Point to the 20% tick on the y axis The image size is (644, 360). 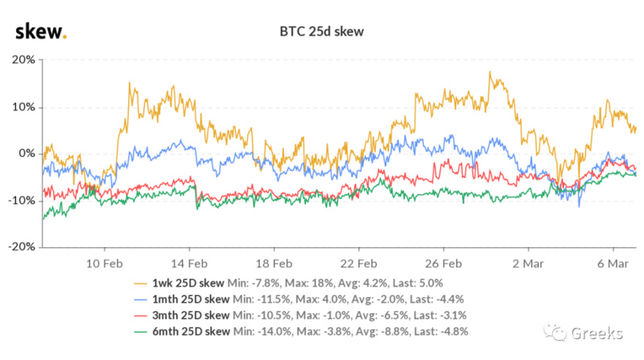tap(23, 60)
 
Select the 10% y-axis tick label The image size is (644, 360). tap(23, 106)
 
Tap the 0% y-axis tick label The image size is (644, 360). tap(26, 153)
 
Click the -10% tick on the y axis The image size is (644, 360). tap(21, 200)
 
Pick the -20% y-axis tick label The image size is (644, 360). tap(21, 246)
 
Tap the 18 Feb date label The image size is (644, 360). tap(273, 263)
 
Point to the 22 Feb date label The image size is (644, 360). tap(358, 263)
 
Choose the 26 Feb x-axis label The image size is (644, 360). tap(444, 263)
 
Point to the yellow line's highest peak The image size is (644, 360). tap(489, 72)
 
